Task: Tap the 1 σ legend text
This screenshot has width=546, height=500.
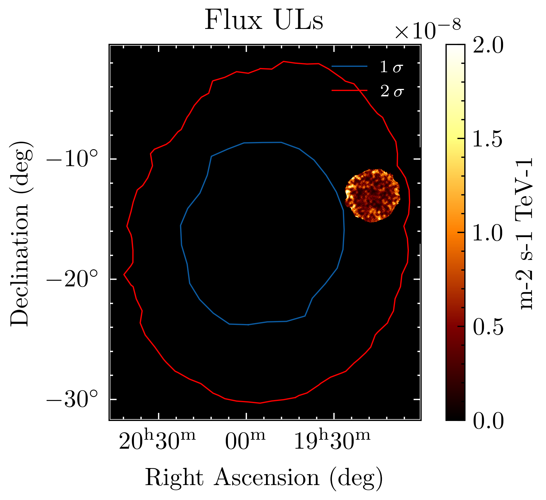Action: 391,67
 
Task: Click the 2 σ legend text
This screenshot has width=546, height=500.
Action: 391,91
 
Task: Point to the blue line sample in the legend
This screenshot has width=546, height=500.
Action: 349,67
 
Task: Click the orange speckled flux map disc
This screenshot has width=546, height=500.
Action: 372,196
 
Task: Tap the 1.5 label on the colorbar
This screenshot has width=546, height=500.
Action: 488,139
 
